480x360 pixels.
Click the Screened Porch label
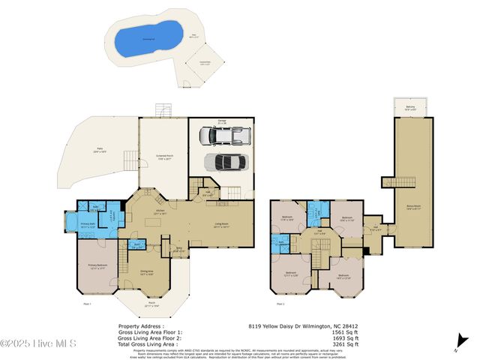(165, 157)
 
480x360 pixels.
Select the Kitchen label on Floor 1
(159, 212)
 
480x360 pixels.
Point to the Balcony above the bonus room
(409, 109)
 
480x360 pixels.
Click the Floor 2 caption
(280, 304)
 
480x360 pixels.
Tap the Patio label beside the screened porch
(99, 149)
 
